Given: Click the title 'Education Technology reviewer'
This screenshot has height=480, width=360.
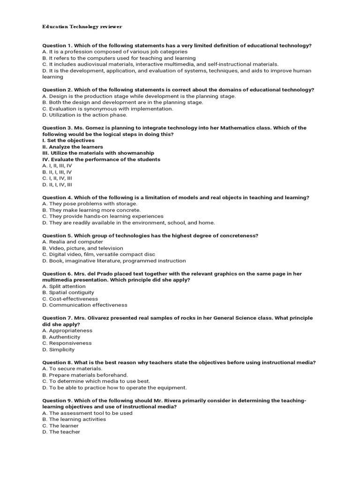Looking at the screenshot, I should pos(82,27).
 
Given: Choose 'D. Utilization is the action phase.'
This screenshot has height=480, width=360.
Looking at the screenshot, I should pos(84,115).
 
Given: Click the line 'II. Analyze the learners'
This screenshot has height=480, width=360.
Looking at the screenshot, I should pos(73,147).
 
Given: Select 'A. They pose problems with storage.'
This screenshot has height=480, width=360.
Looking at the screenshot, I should pos(90,204).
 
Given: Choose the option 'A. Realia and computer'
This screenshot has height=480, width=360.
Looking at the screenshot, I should pos(73,242).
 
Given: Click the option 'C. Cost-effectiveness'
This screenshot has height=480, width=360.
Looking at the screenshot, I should pos(70,299).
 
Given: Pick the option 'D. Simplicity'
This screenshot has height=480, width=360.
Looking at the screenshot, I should pos(58,349).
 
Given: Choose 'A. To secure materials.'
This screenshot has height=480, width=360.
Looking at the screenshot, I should pos(72,368).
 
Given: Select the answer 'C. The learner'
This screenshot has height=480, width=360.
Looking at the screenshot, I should pos(60,426).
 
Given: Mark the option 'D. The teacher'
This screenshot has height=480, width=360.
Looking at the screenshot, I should pos(61,432).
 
